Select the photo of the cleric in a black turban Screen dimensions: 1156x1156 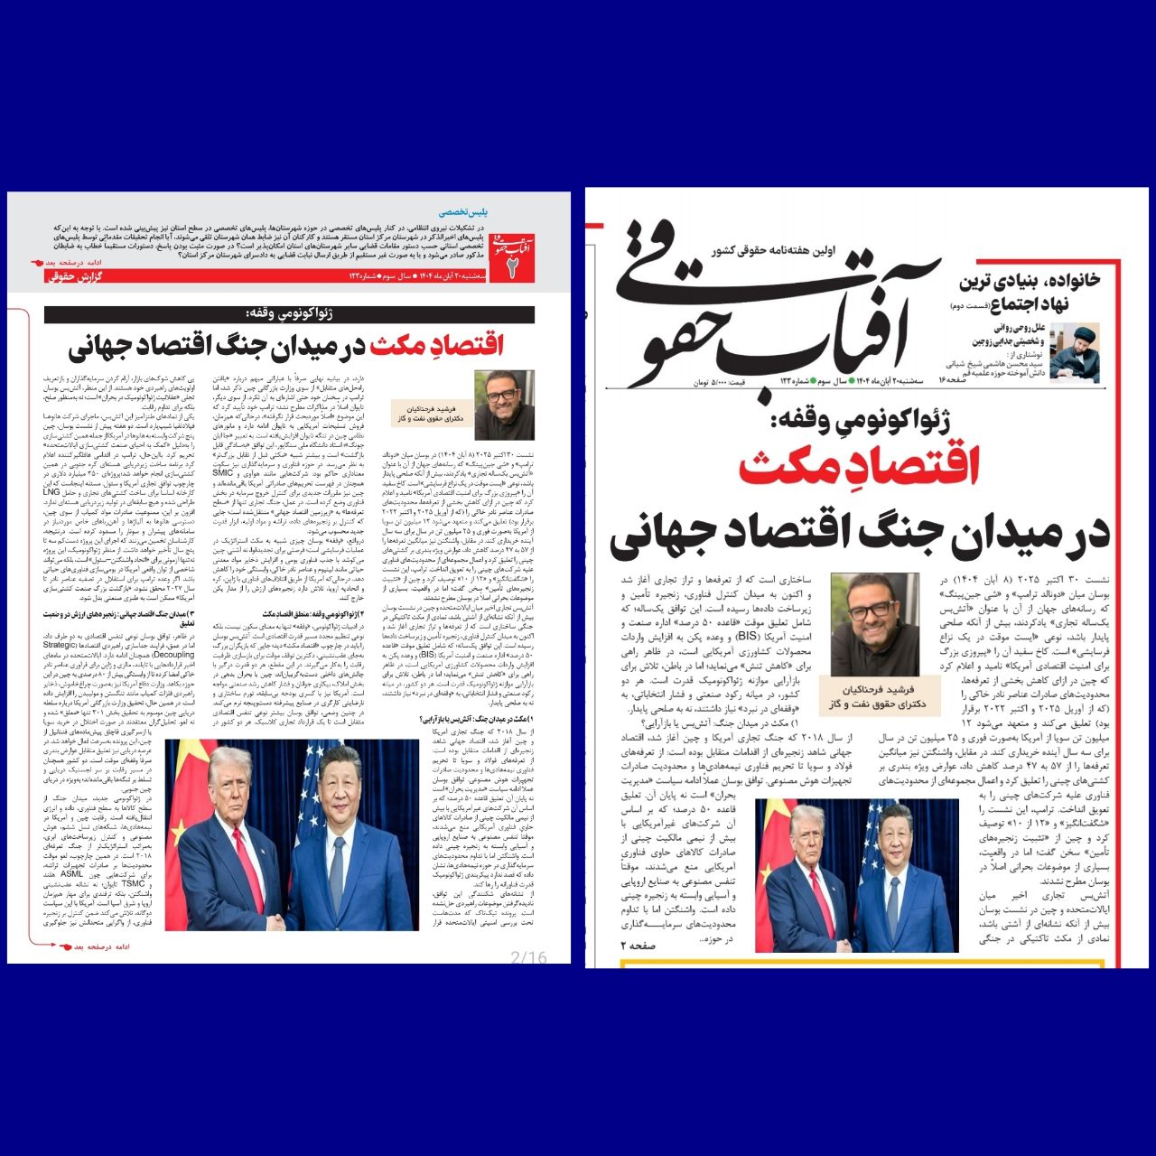1074,350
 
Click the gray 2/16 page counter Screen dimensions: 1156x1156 528,957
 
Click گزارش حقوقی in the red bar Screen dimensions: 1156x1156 71,276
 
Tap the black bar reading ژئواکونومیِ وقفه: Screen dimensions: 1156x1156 289,314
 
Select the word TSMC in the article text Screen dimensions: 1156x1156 133,884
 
